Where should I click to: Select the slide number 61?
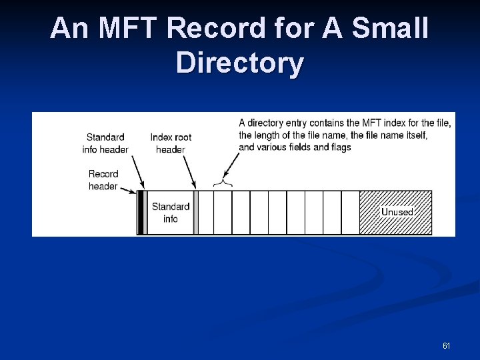point(446,346)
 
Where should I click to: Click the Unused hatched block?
point(396,212)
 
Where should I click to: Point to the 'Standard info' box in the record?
point(170,213)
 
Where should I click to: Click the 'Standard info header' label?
point(105,143)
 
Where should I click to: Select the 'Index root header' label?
point(171,143)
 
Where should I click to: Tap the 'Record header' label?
point(103,180)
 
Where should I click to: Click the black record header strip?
point(141,213)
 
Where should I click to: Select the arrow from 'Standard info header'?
point(137,173)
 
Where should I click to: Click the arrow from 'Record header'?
point(128,187)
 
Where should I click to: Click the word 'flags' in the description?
point(339,147)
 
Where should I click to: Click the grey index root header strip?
point(195,213)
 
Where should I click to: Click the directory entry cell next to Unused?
point(350,213)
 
